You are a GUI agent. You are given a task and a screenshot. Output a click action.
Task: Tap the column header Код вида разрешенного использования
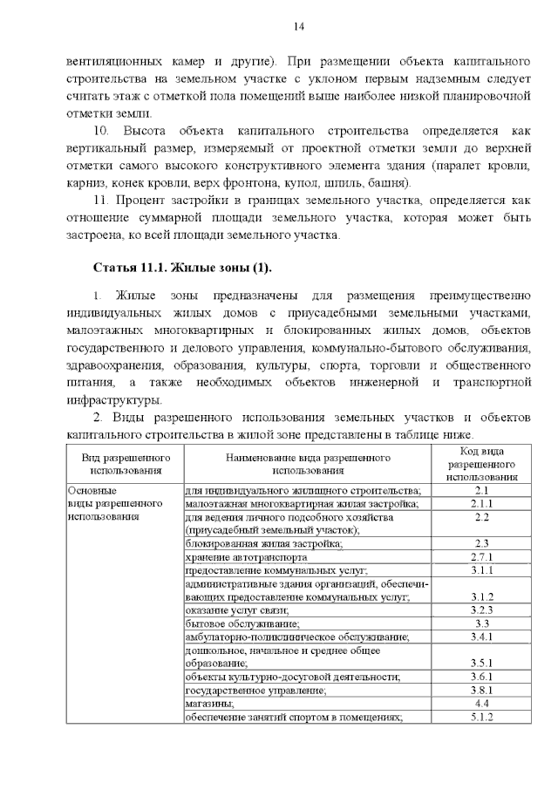[x=480, y=463]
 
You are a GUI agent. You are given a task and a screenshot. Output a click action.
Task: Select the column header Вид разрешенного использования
[x=126, y=463]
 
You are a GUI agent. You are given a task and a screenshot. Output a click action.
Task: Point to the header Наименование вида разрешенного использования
[x=307, y=463]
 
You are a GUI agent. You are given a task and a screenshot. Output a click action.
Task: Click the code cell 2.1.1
[x=481, y=504]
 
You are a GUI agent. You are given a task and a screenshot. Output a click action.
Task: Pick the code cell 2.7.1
[x=481, y=557]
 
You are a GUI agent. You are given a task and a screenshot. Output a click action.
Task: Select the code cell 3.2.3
[x=481, y=610]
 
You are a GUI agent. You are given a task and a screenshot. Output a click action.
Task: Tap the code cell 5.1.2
[x=481, y=717]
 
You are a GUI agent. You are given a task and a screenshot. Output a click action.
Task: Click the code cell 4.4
[x=481, y=703]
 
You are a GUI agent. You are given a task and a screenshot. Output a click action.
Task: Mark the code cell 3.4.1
[x=481, y=637]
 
